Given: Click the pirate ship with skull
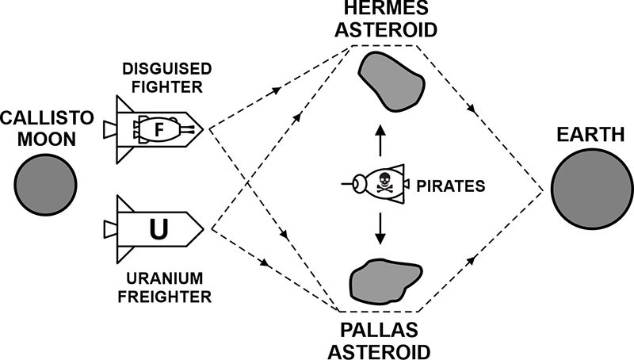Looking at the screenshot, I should coord(379,183).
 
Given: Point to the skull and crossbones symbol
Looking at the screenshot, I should coord(385,183).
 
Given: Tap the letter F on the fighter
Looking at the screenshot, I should coord(158,127).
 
